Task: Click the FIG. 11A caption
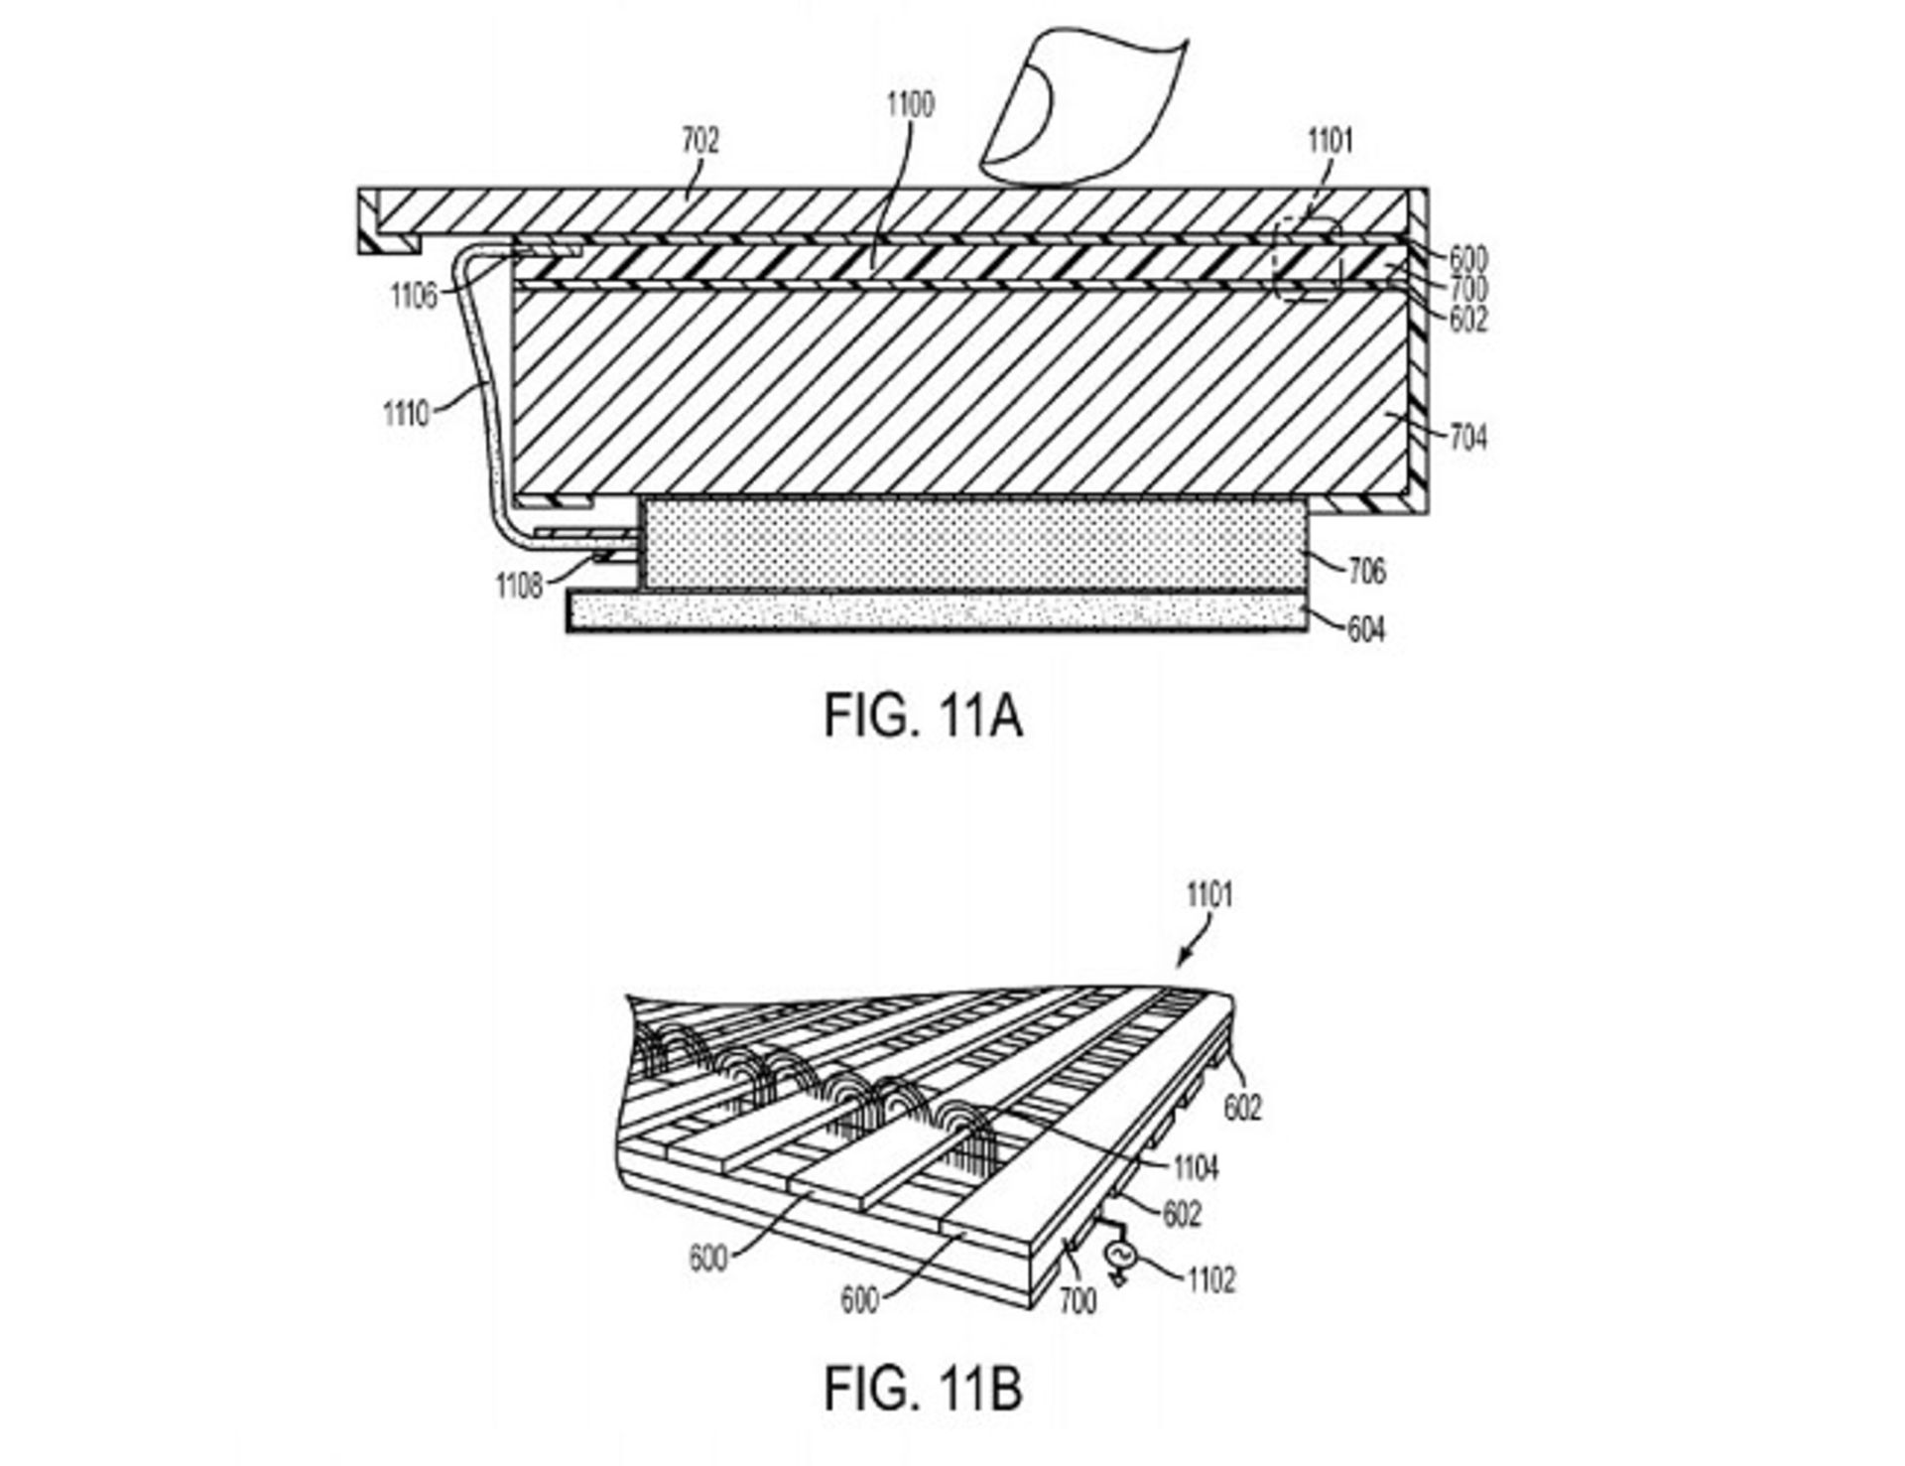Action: click(923, 716)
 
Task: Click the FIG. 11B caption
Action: click(923, 1389)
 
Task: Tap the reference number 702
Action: click(699, 141)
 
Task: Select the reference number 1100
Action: click(909, 104)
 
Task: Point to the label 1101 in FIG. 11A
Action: click(1330, 141)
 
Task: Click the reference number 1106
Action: click(414, 295)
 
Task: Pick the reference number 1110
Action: click(406, 413)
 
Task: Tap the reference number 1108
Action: click(520, 587)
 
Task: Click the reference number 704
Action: click(1468, 437)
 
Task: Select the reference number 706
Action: click(1367, 572)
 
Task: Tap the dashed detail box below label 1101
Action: click(1308, 258)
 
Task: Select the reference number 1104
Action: click(1195, 1168)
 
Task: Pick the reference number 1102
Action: click(1211, 1280)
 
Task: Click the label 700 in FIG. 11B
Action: click(1079, 1300)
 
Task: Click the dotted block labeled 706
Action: click(972, 543)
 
